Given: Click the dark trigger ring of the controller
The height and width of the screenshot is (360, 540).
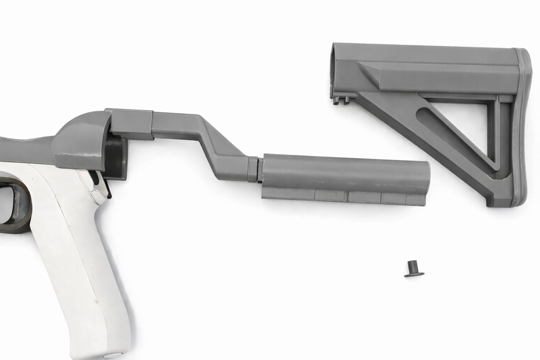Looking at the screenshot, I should [x=16, y=204].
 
